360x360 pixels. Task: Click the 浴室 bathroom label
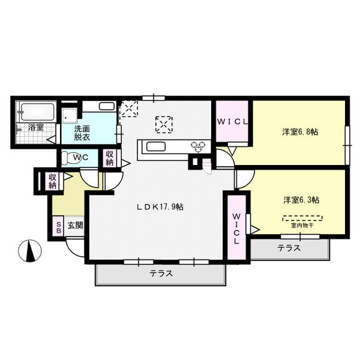point(35,127)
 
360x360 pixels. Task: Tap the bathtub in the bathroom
point(37,110)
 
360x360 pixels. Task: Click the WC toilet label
point(76,158)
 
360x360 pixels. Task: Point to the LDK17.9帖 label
point(159,206)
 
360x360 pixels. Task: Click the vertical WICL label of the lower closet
point(236,229)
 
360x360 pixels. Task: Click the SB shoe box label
point(59,226)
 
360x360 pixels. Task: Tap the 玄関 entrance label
point(75,226)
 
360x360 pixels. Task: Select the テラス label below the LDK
point(161,273)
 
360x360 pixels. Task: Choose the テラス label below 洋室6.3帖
point(289,248)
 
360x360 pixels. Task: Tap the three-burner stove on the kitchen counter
point(198,146)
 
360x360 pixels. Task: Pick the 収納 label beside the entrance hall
point(53,181)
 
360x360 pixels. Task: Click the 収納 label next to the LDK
point(110,158)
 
